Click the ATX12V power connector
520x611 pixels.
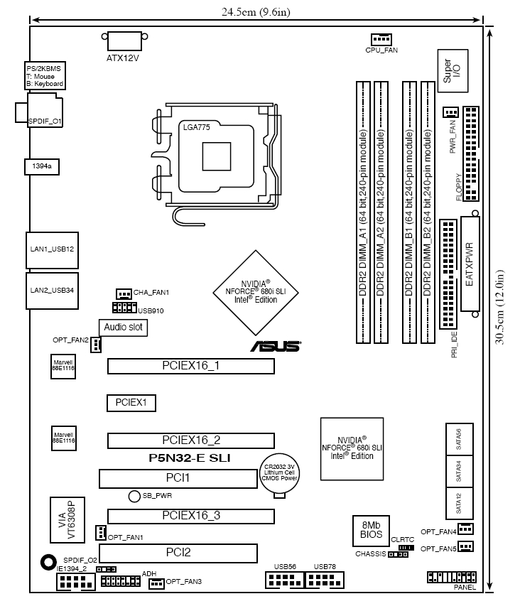pos(124,41)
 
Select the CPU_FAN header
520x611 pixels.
pos(381,39)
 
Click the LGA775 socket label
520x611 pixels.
pos(195,128)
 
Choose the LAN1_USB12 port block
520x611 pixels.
pos(52,250)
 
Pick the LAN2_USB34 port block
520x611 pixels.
pos(52,290)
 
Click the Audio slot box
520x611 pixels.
pos(123,328)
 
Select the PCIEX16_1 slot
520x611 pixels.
pos(190,366)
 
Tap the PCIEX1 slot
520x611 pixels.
pos(131,403)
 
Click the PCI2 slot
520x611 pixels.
pos(177,552)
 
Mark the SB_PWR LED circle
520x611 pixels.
pos(134,495)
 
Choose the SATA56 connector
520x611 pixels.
pos(459,439)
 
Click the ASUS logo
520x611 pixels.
pos(274,347)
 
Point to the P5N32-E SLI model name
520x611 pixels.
pos(190,458)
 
